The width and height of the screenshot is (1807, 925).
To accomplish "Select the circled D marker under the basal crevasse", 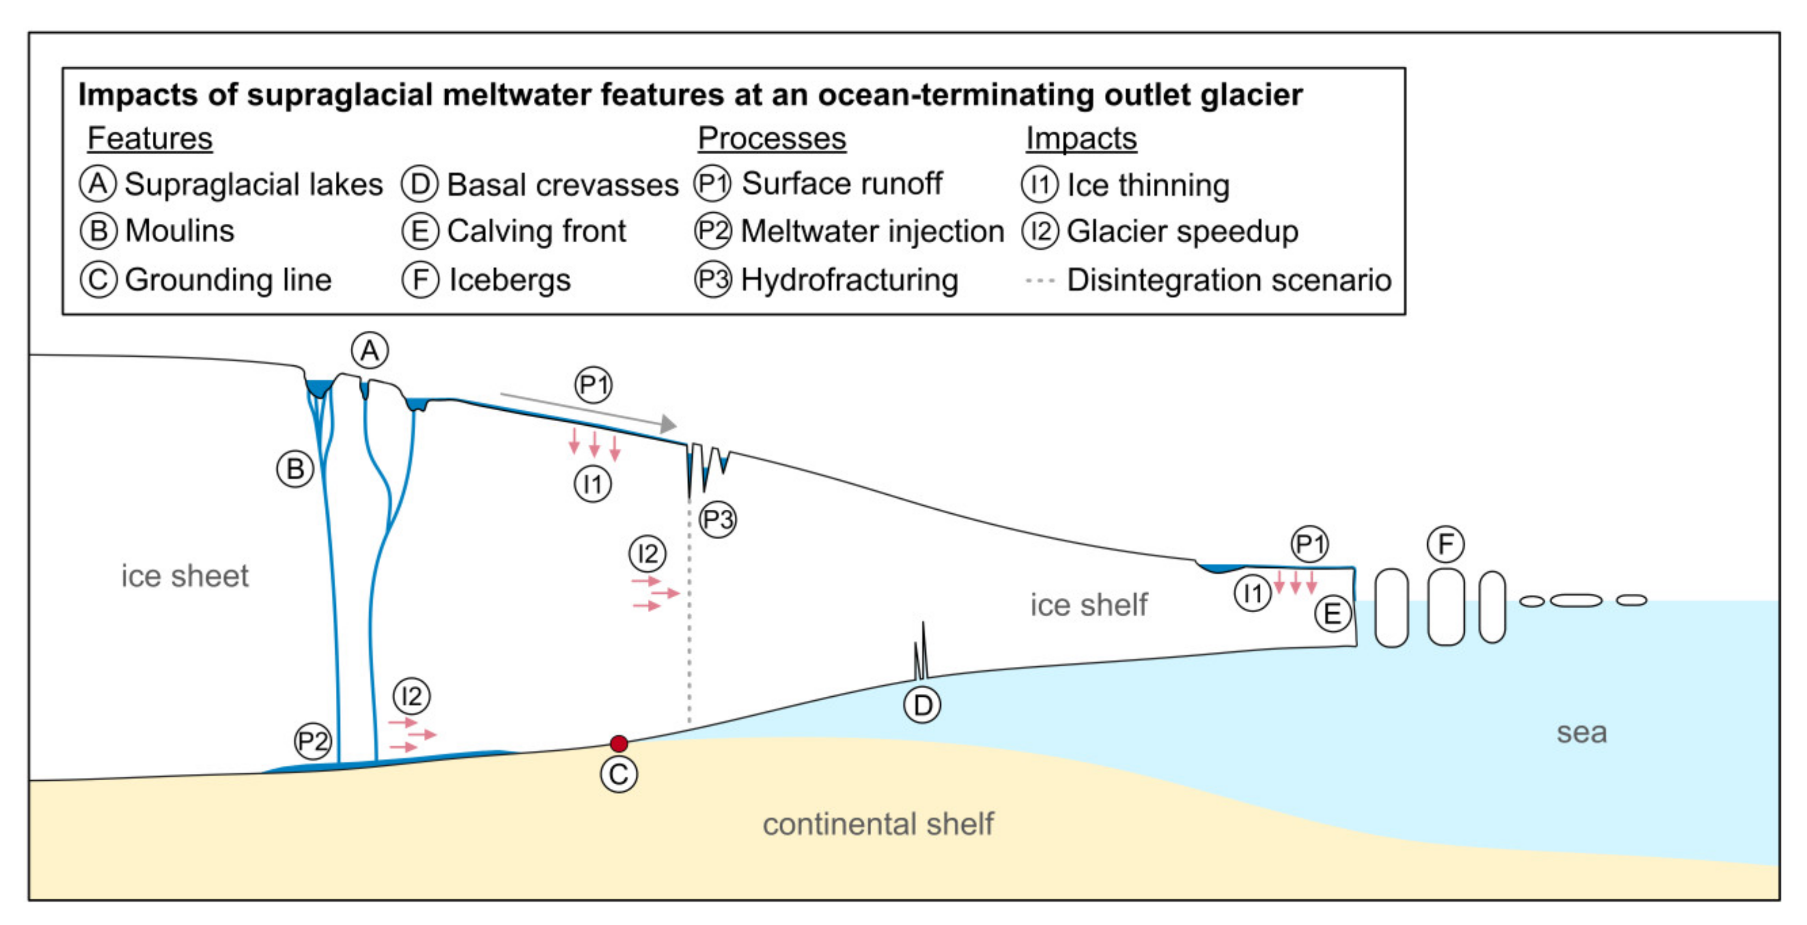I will pyautogui.click(x=922, y=705).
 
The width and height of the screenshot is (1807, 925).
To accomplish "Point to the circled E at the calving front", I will pyautogui.click(x=1332, y=614).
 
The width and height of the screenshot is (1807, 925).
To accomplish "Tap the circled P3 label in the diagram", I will pyautogui.click(x=717, y=520).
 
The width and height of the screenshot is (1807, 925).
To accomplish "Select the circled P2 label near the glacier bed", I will pyautogui.click(x=312, y=740).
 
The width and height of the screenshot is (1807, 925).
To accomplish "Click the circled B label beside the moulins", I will pyautogui.click(x=295, y=468).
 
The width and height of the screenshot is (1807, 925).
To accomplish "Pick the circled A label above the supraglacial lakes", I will pyautogui.click(x=370, y=350).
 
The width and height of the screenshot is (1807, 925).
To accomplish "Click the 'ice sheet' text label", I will pyautogui.click(x=185, y=576).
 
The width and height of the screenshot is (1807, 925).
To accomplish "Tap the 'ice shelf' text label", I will pyautogui.click(x=1088, y=605).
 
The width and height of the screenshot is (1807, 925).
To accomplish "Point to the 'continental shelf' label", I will pyautogui.click(x=878, y=824).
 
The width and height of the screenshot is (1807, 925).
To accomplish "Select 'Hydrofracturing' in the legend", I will pyautogui.click(x=849, y=280).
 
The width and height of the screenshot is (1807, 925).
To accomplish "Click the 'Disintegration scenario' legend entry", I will pyautogui.click(x=1228, y=280).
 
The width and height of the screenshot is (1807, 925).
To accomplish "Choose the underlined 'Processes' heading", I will pyautogui.click(x=772, y=138).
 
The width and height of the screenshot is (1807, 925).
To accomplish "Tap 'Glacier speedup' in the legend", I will pyautogui.click(x=1182, y=231).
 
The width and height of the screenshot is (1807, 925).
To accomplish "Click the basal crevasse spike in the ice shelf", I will pyautogui.click(x=921, y=652).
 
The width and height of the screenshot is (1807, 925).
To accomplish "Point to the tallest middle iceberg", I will pyautogui.click(x=1446, y=607).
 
